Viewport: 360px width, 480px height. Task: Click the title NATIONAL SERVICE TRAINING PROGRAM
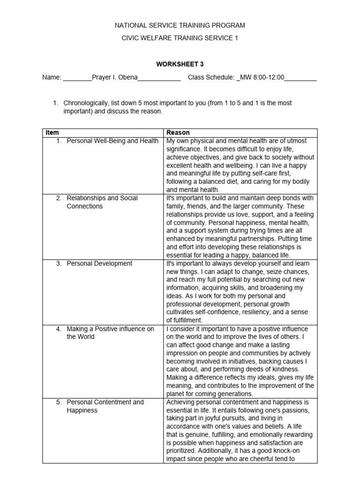coord(180,25)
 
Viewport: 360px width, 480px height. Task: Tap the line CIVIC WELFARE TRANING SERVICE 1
coord(180,38)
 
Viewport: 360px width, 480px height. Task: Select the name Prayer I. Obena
coord(115,77)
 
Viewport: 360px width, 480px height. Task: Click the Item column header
coord(52,133)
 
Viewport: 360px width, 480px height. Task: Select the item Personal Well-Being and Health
coord(112,141)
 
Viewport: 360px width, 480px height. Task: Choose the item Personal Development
coord(99,263)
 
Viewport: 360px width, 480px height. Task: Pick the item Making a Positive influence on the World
coord(110,333)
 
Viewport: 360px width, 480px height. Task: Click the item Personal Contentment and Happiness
coord(105,406)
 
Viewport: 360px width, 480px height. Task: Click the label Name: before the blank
coord(52,77)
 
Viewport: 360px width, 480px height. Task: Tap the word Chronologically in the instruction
coord(89,103)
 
